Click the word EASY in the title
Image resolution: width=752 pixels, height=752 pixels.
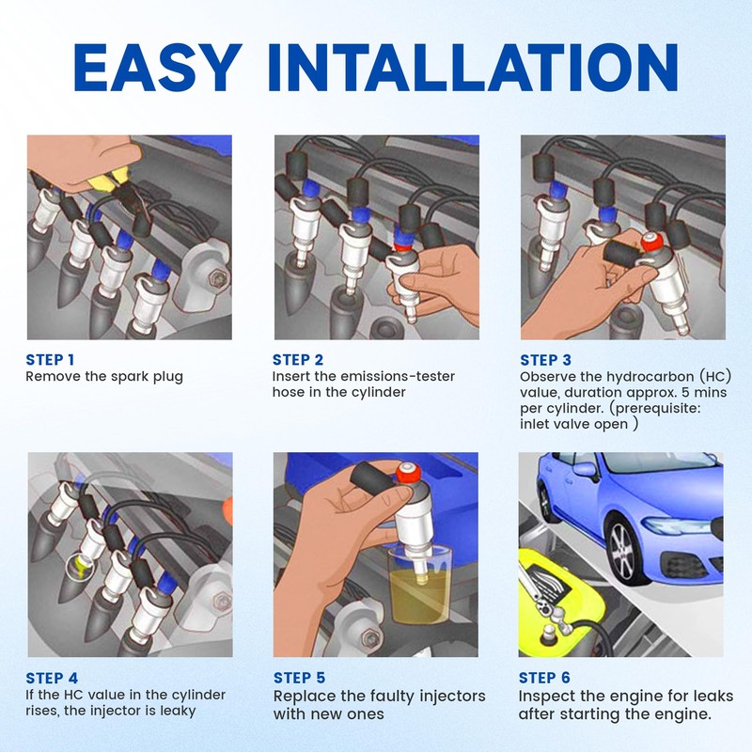(158, 67)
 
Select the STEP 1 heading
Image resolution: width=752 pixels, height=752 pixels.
(50, 360)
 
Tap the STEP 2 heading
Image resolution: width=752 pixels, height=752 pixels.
(298, 360)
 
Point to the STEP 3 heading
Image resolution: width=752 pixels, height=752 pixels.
(546, 360)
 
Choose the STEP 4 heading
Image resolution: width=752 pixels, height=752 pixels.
(52, 678)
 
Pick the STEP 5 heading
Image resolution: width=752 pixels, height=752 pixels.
(299, 678)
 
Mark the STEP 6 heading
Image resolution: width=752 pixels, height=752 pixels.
(544, 678)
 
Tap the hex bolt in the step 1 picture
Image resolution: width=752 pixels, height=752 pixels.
(220, 277)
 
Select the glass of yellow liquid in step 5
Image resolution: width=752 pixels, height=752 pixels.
(419, 585)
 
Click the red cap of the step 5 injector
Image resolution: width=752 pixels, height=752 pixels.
(408, 474)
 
